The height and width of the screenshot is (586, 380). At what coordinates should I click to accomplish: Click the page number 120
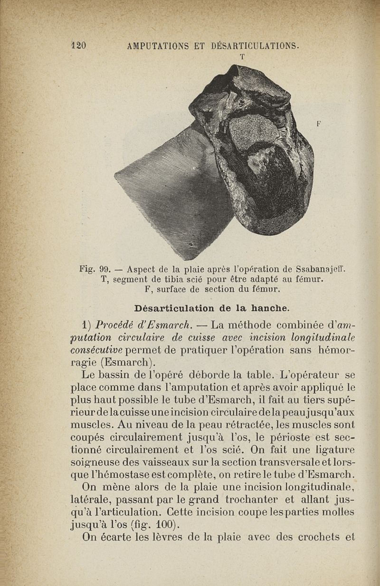78,46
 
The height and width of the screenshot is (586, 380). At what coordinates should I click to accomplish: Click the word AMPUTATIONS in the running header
159,46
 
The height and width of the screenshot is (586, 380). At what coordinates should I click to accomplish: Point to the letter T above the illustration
242,57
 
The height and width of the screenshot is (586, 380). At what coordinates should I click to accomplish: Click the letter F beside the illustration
319,123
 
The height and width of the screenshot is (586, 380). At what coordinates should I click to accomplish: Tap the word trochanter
265,499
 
